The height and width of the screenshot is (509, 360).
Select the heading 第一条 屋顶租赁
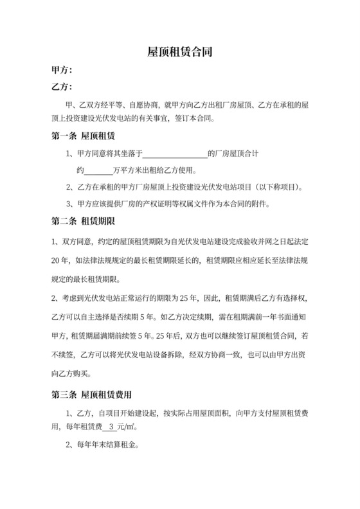tap(82, 136)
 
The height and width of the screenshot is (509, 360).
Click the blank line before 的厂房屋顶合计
tap(175, 154)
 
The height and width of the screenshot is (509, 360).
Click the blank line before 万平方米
tap(98, 172)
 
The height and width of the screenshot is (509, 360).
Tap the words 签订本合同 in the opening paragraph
tap(199, 119)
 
